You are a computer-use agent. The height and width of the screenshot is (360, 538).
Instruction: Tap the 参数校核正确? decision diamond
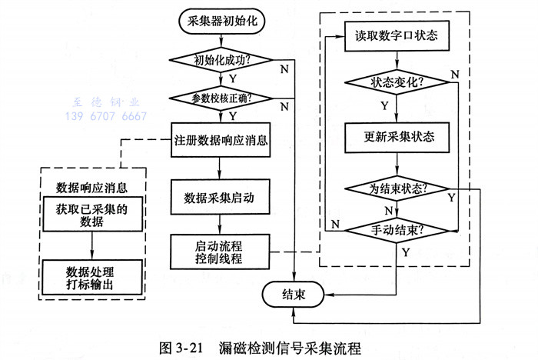click(221, 98)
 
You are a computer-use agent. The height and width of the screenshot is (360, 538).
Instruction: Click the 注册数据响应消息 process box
click(221, 140)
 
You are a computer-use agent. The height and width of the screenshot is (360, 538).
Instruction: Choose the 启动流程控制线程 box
click(221, 252)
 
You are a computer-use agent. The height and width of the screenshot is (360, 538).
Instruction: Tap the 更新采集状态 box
click(396, 137)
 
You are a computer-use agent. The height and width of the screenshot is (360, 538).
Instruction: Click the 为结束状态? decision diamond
click(396, 188)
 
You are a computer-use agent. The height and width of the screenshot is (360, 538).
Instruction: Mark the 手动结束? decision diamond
click(396, 228)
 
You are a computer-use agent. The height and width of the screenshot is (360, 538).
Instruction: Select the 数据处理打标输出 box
click(91, 277)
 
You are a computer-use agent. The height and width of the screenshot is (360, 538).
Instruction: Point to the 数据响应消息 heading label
click(91, 187)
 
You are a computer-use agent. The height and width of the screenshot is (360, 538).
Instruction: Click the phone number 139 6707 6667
click(105, 117)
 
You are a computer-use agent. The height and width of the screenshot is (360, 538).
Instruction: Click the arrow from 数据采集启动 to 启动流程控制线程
click(221, 224)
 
